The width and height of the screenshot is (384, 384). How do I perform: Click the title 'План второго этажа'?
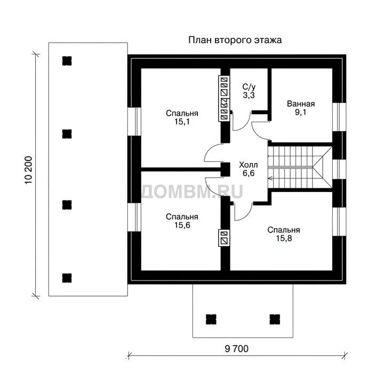(235, 40)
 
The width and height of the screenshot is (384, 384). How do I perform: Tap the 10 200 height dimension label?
(28, 170)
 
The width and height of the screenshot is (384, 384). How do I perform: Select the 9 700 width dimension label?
(236, 348)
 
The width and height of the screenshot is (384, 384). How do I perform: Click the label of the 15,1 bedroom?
(182, 117)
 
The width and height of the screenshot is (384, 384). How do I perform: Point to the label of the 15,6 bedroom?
(182, 221)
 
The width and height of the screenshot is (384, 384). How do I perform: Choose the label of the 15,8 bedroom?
(284, 234)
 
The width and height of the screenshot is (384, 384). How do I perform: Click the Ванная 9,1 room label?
(301, 108)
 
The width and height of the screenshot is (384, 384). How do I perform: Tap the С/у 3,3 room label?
(249, 91)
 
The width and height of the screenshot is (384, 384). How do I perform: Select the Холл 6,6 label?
(249, 169)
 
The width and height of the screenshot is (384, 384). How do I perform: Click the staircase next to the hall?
(300, 167)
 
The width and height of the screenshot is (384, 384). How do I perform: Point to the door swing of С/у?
(241, 121)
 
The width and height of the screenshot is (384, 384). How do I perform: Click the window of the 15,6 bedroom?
(134, 217)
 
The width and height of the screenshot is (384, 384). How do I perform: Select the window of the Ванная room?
(339, 117)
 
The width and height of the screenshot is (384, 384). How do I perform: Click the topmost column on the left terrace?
(67, 61)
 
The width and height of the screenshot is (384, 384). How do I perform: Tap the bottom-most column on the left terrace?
(67, 278)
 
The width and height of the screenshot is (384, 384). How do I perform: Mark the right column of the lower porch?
(275, 319)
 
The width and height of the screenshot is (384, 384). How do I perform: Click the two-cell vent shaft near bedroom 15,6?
(224, 237)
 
